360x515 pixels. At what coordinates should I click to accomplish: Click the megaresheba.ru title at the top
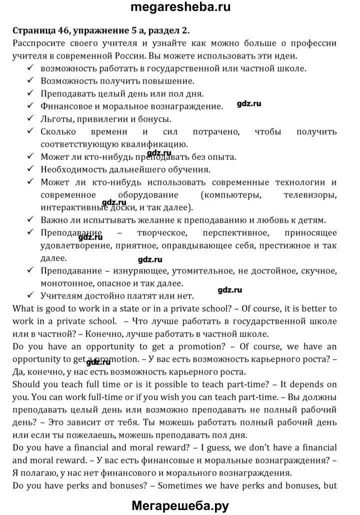pos(179,8)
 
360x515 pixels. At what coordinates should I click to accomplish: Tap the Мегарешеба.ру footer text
pos(179,504)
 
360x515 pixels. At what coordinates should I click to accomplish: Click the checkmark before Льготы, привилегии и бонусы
pos(31,119)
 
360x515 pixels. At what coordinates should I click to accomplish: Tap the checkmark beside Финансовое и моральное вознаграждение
pos(31,106)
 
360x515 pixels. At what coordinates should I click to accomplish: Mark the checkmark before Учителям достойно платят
pos(31,295)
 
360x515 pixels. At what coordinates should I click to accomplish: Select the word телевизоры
pos(310,194)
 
